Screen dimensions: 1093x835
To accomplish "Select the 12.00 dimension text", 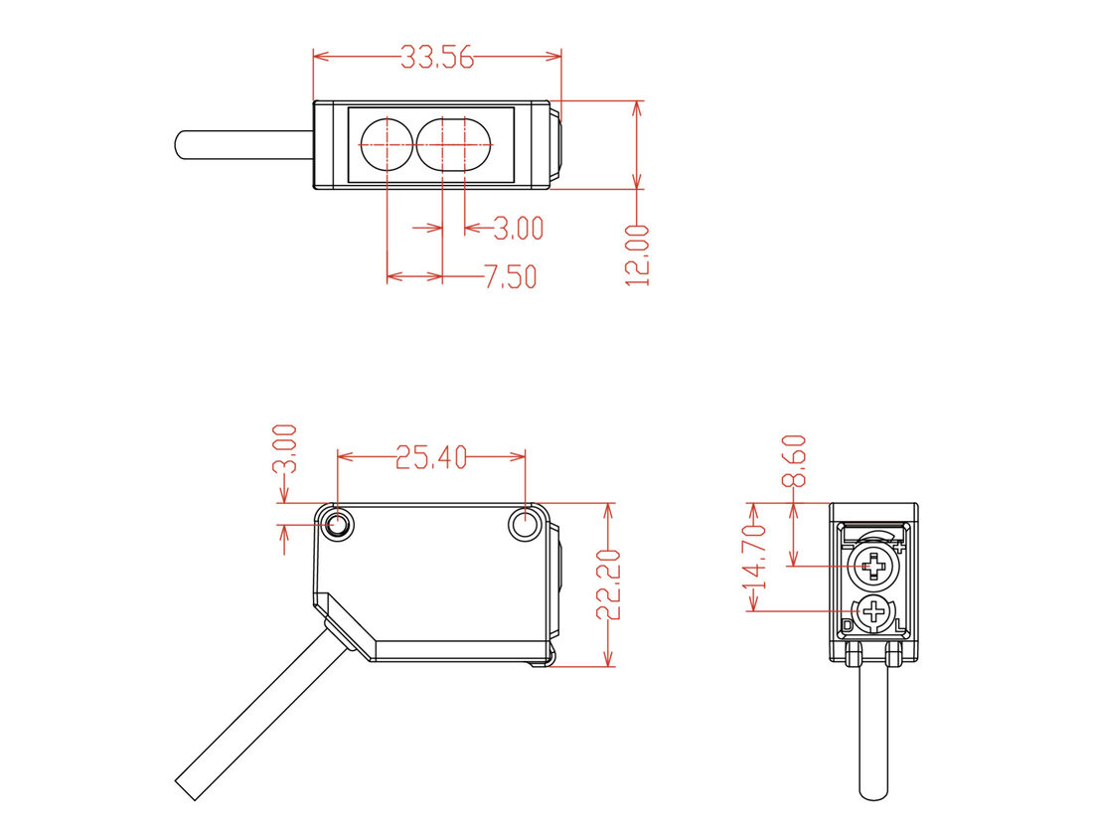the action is (637, 255).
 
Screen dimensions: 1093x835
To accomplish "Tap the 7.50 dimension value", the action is (511, 277).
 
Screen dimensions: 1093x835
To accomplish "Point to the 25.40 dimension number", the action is (431, 457).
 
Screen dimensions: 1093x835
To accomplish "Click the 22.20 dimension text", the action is (608, 584).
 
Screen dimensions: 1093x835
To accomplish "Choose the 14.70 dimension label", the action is (755, 557).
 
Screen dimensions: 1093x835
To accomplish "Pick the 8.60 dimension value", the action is (794, 460).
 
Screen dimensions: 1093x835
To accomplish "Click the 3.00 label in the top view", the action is (518, 228).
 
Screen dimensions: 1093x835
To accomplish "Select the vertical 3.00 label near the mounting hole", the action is (285, 448).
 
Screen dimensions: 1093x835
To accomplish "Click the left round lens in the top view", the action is (387, 144).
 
